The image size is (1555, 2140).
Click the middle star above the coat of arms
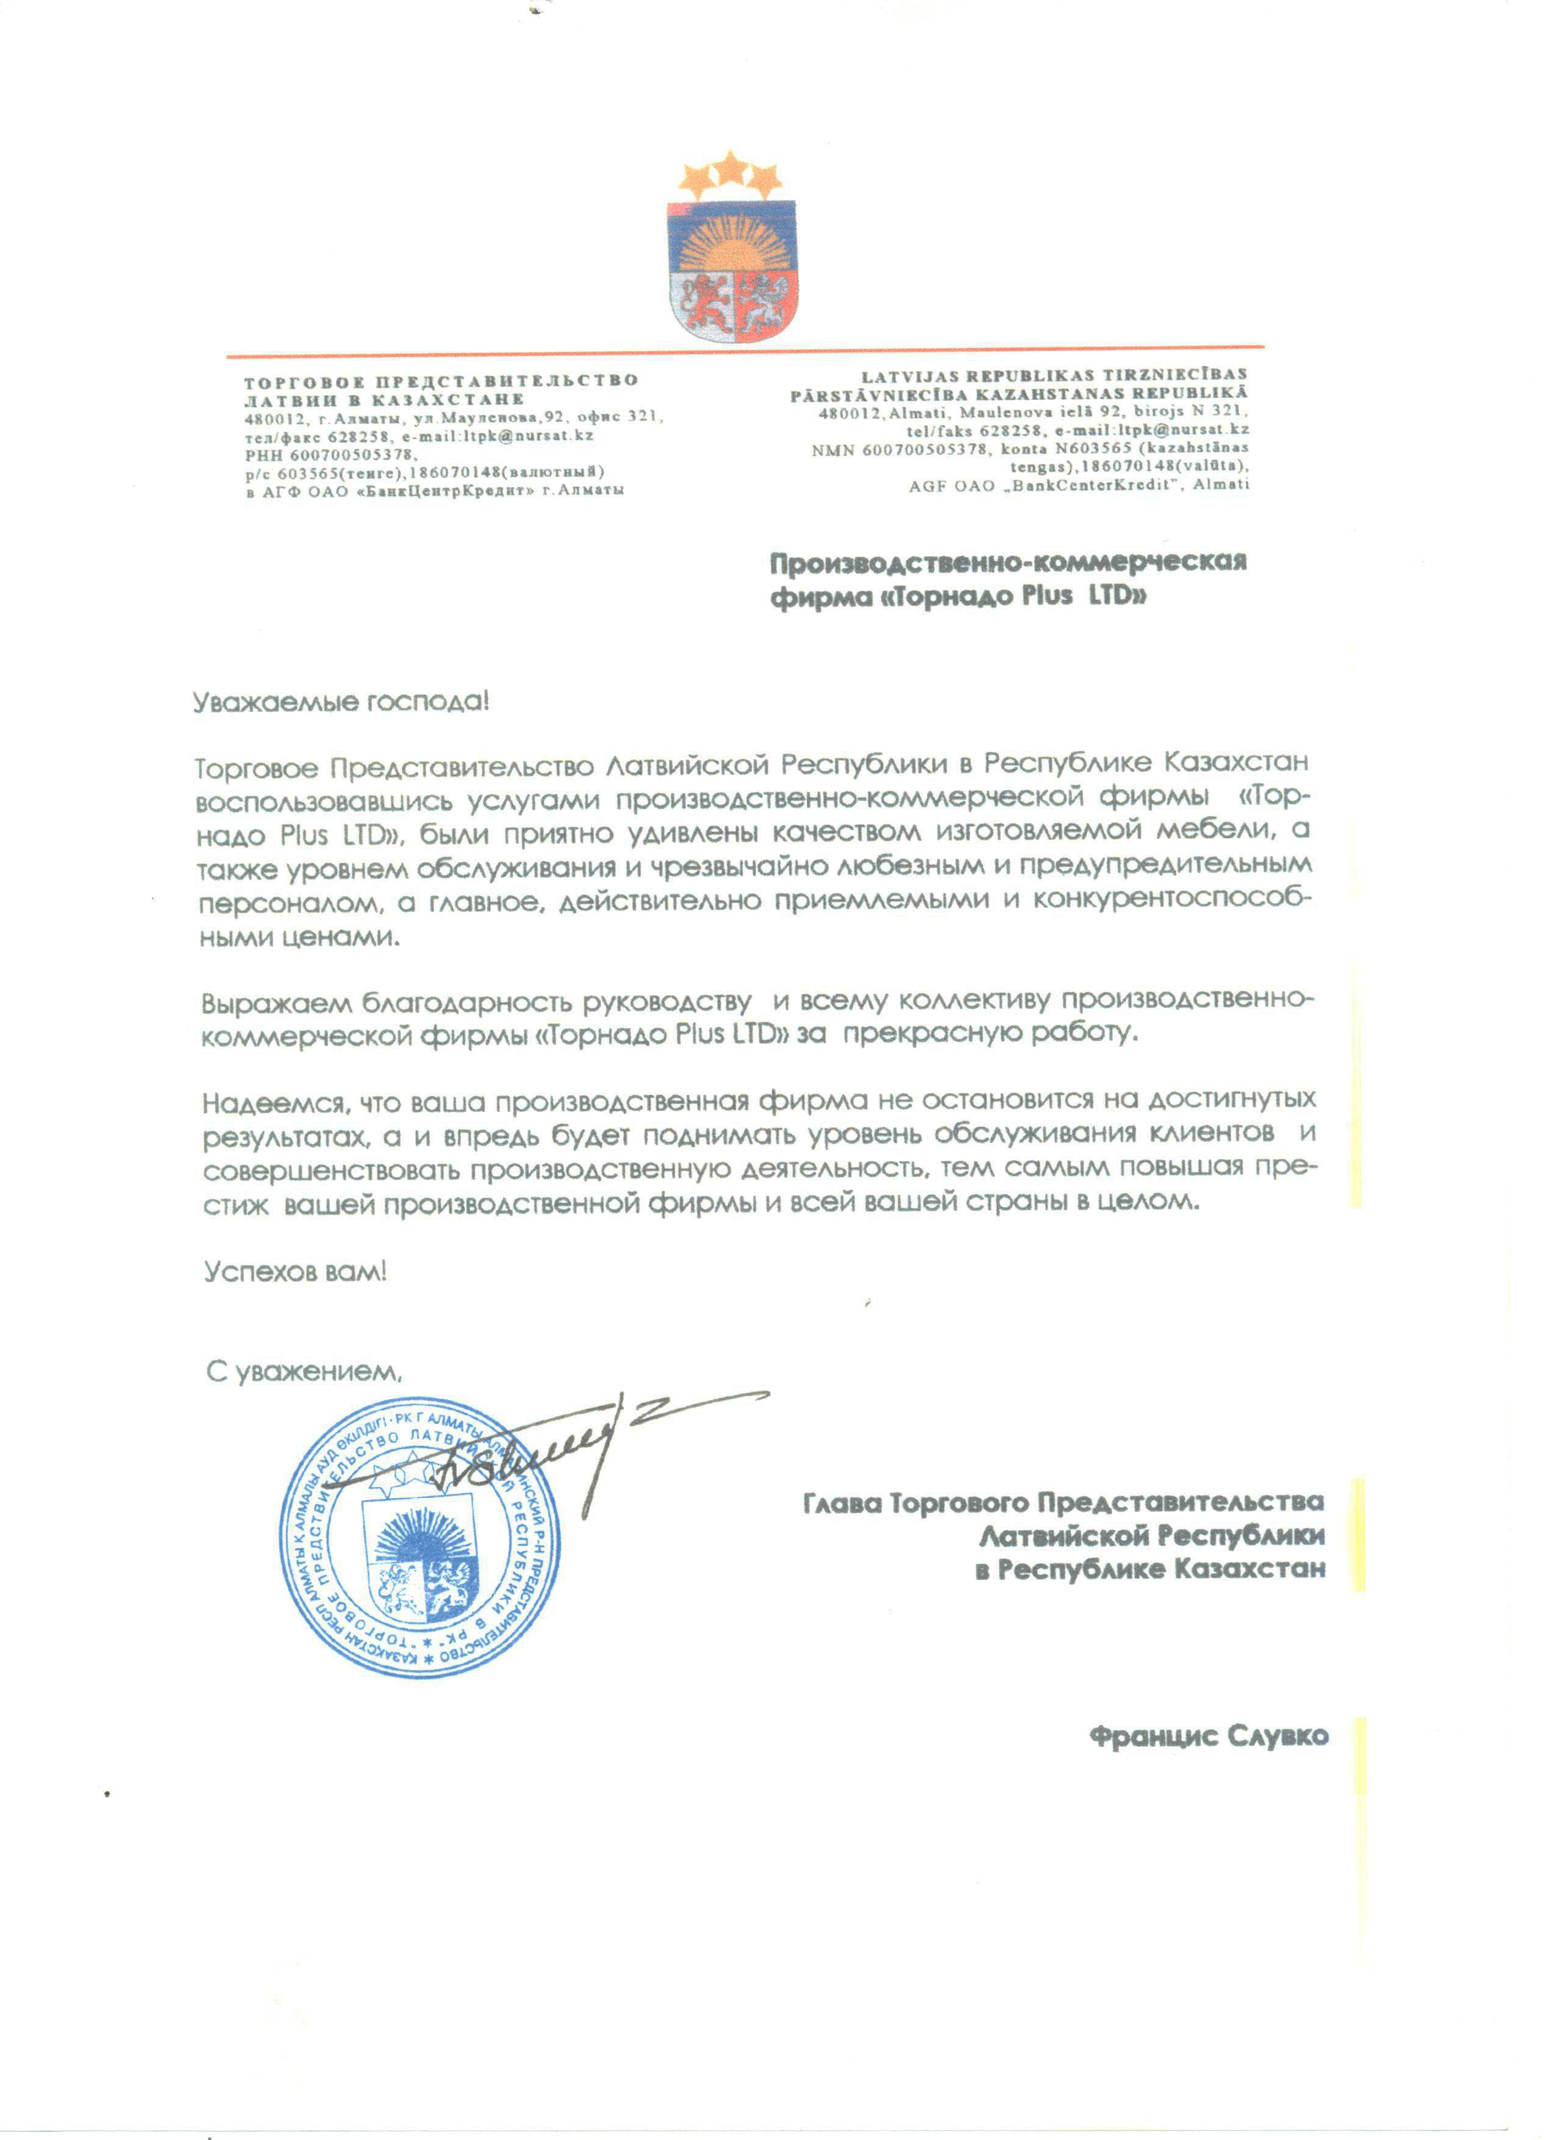[x=729, y=169]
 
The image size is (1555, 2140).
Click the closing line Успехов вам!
[x=295, y=1271]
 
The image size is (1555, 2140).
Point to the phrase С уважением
[x=304, y=1372]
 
